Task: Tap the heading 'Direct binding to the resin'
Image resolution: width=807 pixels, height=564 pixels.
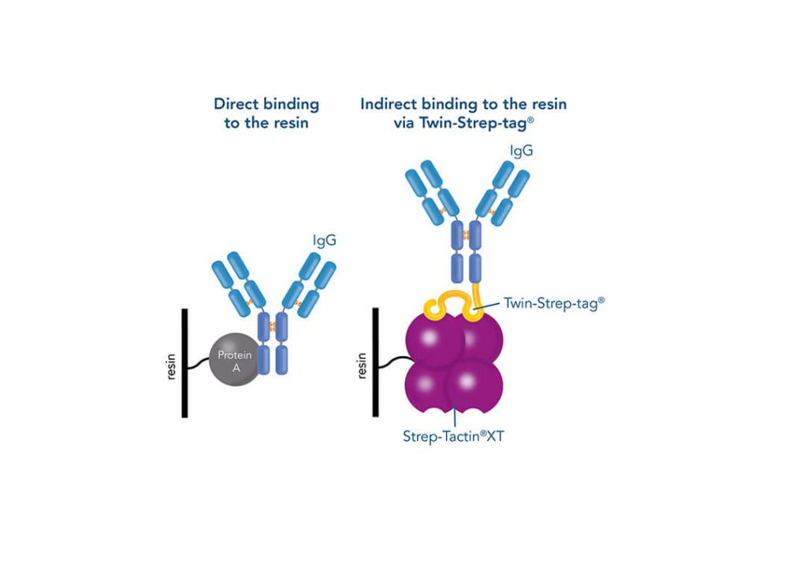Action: point(266,113)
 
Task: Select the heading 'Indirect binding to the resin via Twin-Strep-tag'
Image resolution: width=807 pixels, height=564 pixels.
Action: point(463,113)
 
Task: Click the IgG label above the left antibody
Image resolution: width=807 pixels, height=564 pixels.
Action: point(323,240)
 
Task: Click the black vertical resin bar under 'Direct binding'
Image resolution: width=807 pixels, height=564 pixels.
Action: point(185,362)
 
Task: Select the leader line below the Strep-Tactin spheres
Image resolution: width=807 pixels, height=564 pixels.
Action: point(456,413)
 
